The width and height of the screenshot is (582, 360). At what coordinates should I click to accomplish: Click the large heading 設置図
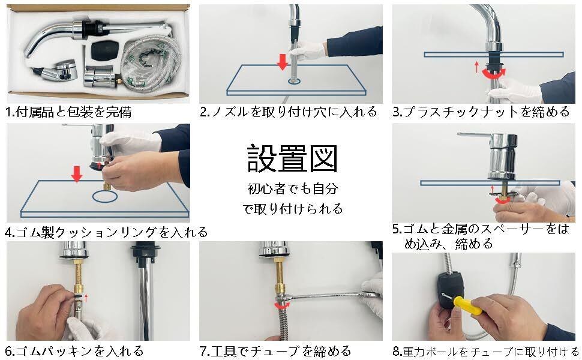[x=292, y=159]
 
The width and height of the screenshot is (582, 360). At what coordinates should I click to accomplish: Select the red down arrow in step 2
[x=283, y=62]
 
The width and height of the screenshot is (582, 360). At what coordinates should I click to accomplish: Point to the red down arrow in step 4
[x=77, y=174]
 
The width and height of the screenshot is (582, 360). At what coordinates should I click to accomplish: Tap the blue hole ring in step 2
[x=296, y=81]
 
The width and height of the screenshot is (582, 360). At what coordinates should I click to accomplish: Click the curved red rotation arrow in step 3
[x=494, y=74]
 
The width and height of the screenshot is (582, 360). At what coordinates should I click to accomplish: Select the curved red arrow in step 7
[x=282, y=305]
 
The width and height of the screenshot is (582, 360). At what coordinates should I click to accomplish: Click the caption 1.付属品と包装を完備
[x=69, y=112]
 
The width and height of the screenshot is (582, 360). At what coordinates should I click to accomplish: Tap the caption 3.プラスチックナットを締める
[x=481, y=112]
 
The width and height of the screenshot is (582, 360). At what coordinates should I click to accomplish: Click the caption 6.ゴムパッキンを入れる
[x=74, y=351]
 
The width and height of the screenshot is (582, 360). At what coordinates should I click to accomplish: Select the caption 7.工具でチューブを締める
[x=275, y=351]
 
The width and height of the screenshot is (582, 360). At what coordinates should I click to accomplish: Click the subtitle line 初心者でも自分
[x=293, y=188]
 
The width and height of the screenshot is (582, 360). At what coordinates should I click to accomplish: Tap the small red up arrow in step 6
[x=86, y=298]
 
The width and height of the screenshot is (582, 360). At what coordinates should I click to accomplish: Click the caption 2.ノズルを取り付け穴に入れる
[x=289, y=112]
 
